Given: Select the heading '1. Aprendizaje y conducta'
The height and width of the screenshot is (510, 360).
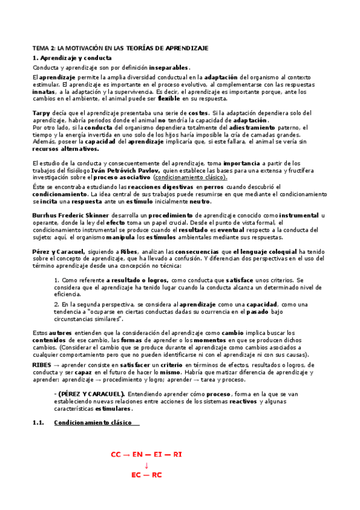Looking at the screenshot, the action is point(72,58).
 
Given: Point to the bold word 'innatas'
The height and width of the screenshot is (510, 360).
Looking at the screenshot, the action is point(43,93).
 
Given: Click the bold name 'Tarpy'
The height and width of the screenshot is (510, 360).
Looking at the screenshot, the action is point(41,113).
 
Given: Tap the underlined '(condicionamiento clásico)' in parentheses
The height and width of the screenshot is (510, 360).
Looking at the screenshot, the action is point(191,177).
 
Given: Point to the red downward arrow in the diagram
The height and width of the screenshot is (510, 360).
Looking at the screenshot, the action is point(147,465).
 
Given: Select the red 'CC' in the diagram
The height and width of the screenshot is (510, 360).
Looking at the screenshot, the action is point(116,455).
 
